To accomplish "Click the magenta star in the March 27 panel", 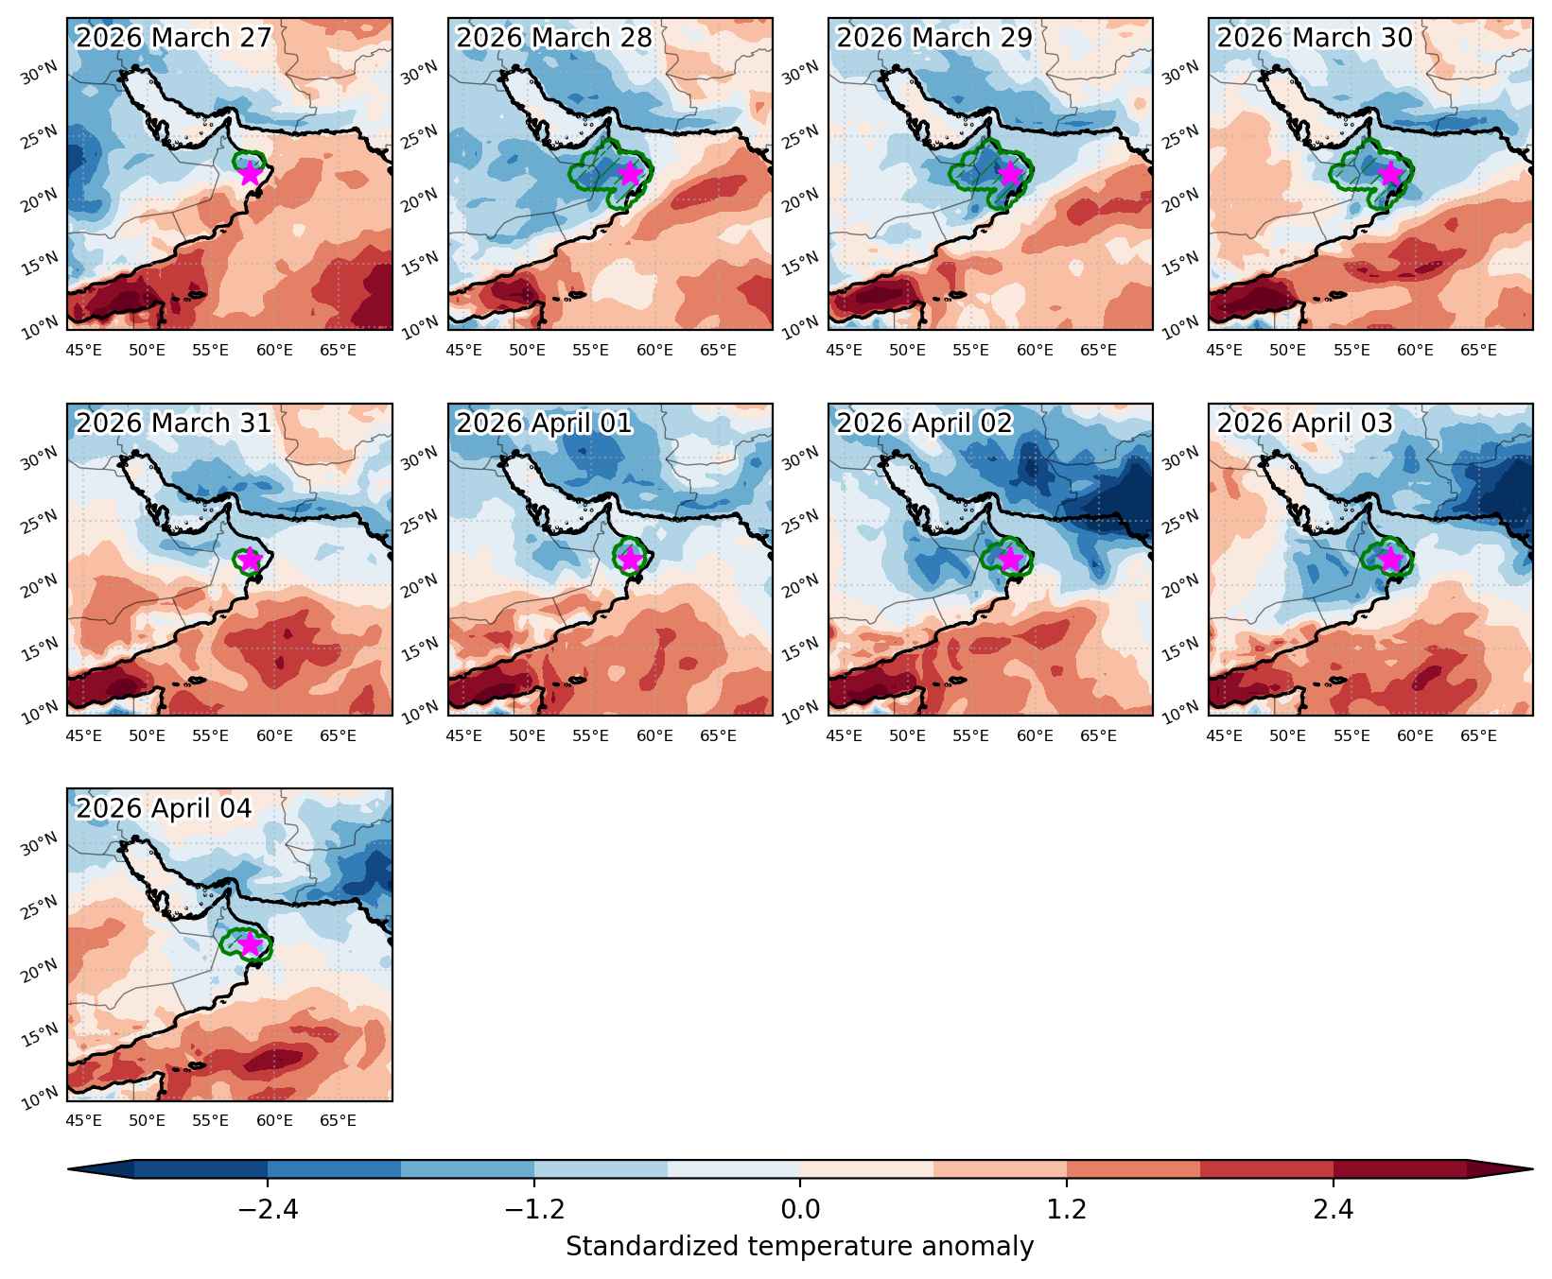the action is click(x=250, y=173).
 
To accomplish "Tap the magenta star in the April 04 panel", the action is click(x=250, y=943).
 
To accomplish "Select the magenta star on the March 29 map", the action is click(x=1010, y=173).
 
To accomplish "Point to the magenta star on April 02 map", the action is click(x=1010, y=559).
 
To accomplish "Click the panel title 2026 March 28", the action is click(x=554, y=38).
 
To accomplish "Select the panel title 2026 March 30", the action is click(x=1315, y=38).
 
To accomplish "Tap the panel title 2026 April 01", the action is click(x=544, y=423).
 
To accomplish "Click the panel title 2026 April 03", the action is click(x=1305, y=423).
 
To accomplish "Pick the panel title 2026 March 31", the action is click(x=173, y=423).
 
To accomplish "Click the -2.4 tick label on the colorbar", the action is click(x=268, y=1209).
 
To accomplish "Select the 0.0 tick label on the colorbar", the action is click(x=800, y=1209).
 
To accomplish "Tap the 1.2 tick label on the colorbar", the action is click(x=1067, y=1209).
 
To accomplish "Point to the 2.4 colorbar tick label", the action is click(x=1334, y=1209).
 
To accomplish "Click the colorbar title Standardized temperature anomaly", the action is click(x=800, y=1247).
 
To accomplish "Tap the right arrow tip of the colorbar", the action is click(x=1532, y=1169).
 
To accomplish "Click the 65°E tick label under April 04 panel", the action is click(x=338, y=1121).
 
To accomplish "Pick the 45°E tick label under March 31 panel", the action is click(x=83, y=735).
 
